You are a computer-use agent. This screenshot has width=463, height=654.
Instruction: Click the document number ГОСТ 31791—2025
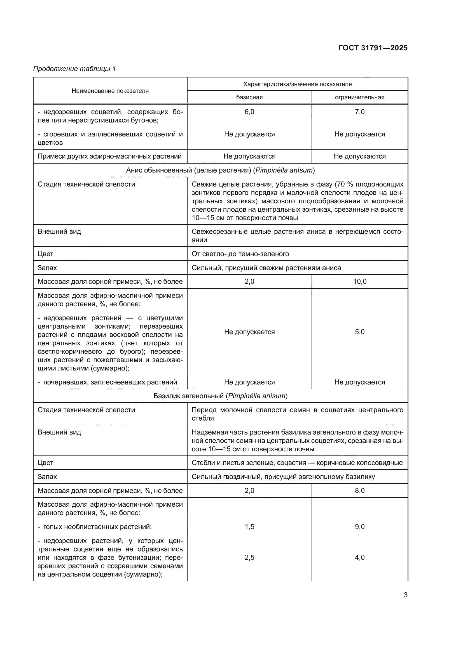(373, 48)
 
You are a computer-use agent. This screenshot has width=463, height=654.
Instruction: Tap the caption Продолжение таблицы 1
(75, 69)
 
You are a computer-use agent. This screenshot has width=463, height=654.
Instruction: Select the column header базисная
(249, 97)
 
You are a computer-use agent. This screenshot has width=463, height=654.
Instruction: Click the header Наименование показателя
(110, 91)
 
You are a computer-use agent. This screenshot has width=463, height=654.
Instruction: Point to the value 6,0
(249, 112)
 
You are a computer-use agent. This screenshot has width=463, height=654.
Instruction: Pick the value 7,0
(359, 112)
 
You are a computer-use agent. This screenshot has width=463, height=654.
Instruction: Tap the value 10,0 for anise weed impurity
(359, 282)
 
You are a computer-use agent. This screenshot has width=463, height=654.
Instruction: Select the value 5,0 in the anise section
(359, 332)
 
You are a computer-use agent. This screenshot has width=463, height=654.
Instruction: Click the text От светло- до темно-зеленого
(240, 254)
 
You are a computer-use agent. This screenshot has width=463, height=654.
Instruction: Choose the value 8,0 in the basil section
(359, 491)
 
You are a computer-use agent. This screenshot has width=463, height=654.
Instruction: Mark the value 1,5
(249, 527)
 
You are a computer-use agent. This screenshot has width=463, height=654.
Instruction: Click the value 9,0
(359, 527)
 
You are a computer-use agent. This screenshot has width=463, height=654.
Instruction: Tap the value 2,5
(249, 558)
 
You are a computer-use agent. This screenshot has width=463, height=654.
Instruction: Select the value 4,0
(359, 558)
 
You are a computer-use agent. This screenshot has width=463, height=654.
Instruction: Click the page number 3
(405, 595)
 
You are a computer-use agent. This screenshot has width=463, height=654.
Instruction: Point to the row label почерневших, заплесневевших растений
(110, 382)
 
